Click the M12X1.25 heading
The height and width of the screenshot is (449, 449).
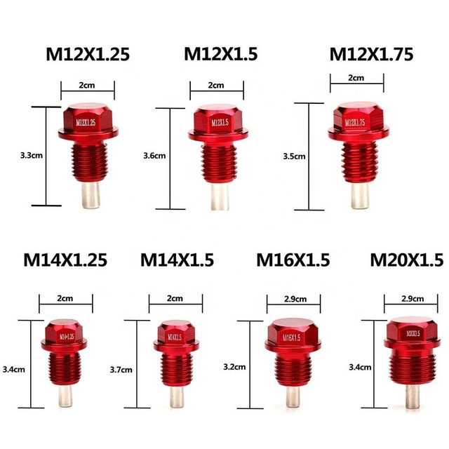[x=88, y=54]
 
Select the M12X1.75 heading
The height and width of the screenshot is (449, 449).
[x=371, y=54]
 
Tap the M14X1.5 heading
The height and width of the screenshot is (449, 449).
[x=177, y=260]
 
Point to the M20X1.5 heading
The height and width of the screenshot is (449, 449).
[x=407, y=260]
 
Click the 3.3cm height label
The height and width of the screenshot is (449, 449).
[x=32, y=156]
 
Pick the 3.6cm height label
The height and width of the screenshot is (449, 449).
[x=154, y=156]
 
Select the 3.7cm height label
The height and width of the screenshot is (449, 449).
[x=121, y=370]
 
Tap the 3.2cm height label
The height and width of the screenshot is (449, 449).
[x=234, y=367]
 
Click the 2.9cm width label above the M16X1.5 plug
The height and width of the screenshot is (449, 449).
[x=295, y=299]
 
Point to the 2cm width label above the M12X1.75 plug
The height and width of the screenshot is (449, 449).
[x=356, y=78]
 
